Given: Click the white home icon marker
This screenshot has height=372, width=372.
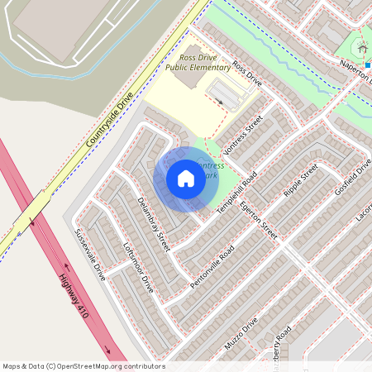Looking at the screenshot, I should point(186,179).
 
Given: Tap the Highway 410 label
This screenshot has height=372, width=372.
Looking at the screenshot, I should point(74,298).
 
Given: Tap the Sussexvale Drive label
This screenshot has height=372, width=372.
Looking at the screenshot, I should point(90,255).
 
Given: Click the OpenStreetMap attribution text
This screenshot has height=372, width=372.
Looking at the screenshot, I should point(83,365).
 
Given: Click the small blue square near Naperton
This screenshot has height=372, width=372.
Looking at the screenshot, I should point(367,64).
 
